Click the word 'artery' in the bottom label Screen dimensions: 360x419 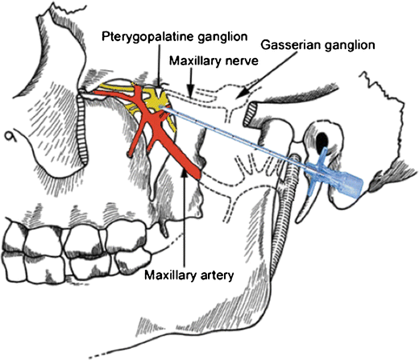(x=216, y=275)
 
